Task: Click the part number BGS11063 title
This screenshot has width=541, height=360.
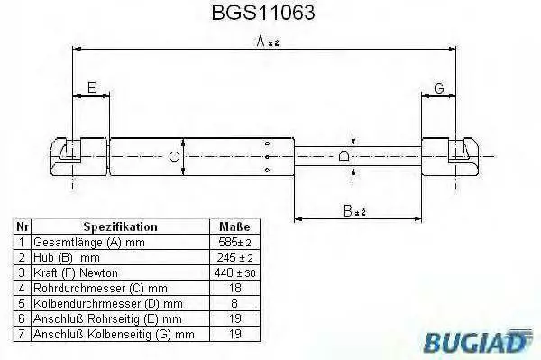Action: tap(263, 13)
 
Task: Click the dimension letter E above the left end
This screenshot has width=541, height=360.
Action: tap(91, 88)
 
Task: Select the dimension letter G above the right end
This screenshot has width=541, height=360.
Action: tap(439, 88)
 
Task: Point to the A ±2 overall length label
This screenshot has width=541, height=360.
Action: tap(268, 42)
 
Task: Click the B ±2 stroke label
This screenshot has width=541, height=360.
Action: tap(354, 211)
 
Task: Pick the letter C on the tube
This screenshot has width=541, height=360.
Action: tap(175, 156)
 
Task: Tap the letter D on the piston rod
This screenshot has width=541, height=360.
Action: tap(344, 156)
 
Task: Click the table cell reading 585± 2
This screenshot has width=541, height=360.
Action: tap(234, 242)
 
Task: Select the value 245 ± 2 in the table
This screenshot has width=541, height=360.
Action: tap(235, 257)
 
